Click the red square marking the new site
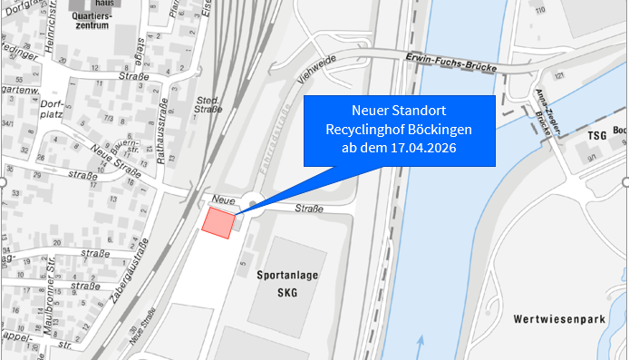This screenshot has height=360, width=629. (218, 222)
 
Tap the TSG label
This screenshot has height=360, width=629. (595, 135)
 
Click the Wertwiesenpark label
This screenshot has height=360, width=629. (557, 319)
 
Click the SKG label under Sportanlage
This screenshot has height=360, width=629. (287, 293)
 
